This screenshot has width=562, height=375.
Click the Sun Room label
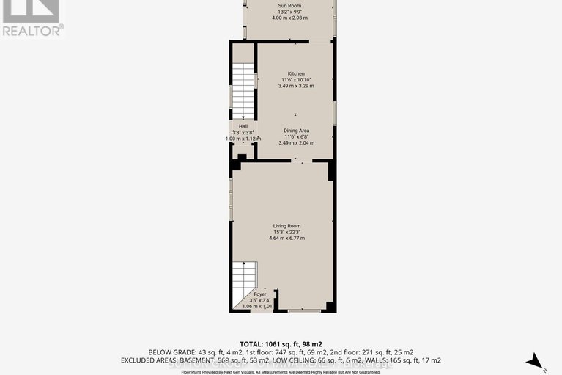click(289, 6)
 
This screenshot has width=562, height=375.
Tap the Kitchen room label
click(295, 73)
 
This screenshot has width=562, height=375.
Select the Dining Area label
click(296, 131)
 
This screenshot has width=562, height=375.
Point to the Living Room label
click(286, 226)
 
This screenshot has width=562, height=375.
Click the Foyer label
click(260, 294)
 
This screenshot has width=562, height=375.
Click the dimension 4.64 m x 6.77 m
click(286, 239)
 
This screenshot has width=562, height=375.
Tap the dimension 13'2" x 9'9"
click(289, 12)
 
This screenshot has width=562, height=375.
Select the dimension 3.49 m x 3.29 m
click(295, 86)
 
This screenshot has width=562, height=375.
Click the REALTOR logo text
click(32, 30)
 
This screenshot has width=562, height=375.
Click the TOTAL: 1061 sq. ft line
click(281, 343)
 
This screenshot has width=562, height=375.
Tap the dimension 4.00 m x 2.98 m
click(289, 19)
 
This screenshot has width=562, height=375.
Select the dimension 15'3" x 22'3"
click(286, 233)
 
